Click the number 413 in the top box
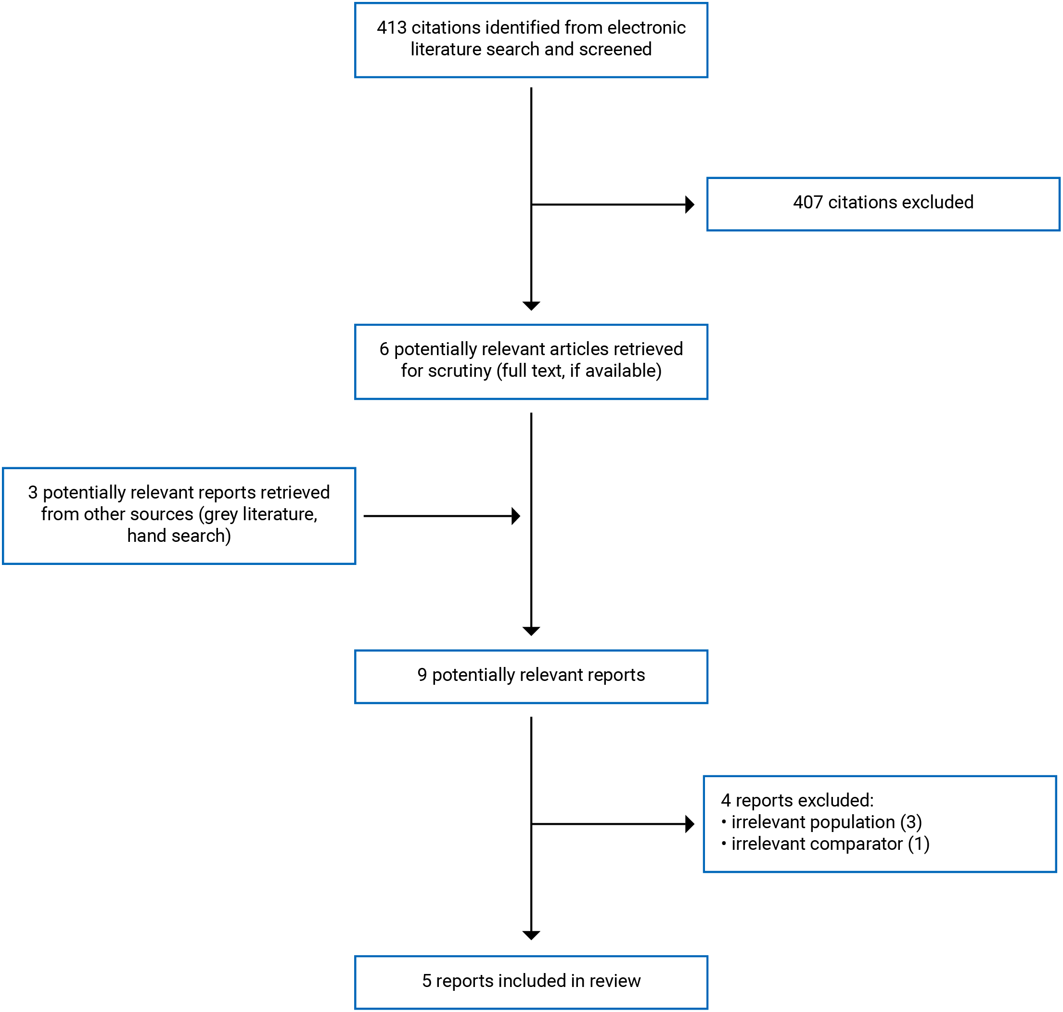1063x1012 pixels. (x=391, y=27)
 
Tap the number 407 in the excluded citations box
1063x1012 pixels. (x=807, y=202)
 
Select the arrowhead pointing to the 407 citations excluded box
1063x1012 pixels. (x=689, y=205)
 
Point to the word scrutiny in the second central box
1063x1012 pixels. (x=460, y=371)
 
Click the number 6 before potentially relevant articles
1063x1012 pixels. (x=384, y=349)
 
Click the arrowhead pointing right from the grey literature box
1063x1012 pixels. (x=515, y=516)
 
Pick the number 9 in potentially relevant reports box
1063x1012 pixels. (x=422, y=675)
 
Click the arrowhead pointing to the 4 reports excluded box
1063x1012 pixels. (x=689, y=824)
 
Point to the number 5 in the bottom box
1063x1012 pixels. (x=427, y=981)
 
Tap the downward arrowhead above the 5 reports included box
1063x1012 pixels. (x=531, y=935)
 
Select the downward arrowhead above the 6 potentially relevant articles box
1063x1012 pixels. (x=531, y=306)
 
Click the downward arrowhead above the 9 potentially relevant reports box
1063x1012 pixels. (x=531, y=631)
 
